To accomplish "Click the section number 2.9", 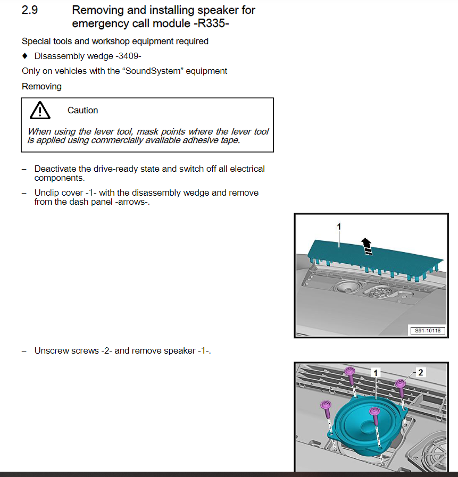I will tap(29, 10).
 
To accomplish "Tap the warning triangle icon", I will tap(40, 110).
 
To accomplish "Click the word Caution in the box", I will tap(82, 111).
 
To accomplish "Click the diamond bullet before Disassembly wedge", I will tap(24, 56).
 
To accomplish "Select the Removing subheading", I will tap(41, 86).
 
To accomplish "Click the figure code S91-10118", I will tap(427, 331).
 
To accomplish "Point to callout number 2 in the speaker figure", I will tap(421, 372).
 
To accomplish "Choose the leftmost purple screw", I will tap(326, 407).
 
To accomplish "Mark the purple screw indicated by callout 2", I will tap(401, 384).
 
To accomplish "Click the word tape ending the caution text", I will tap(229, 140).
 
